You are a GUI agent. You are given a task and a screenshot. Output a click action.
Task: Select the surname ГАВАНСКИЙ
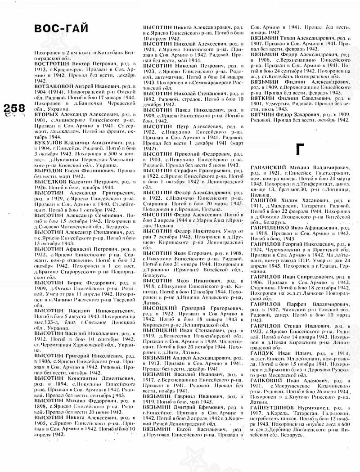(x=269, y=167)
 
